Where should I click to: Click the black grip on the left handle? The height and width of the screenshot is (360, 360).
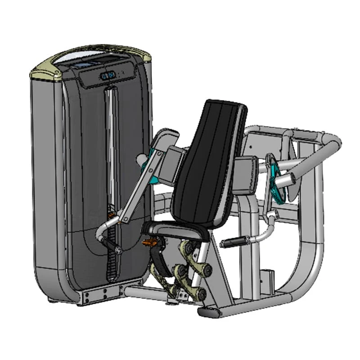108,243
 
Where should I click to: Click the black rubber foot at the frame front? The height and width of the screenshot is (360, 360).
207,312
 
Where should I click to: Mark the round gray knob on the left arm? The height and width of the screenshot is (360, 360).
139,160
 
